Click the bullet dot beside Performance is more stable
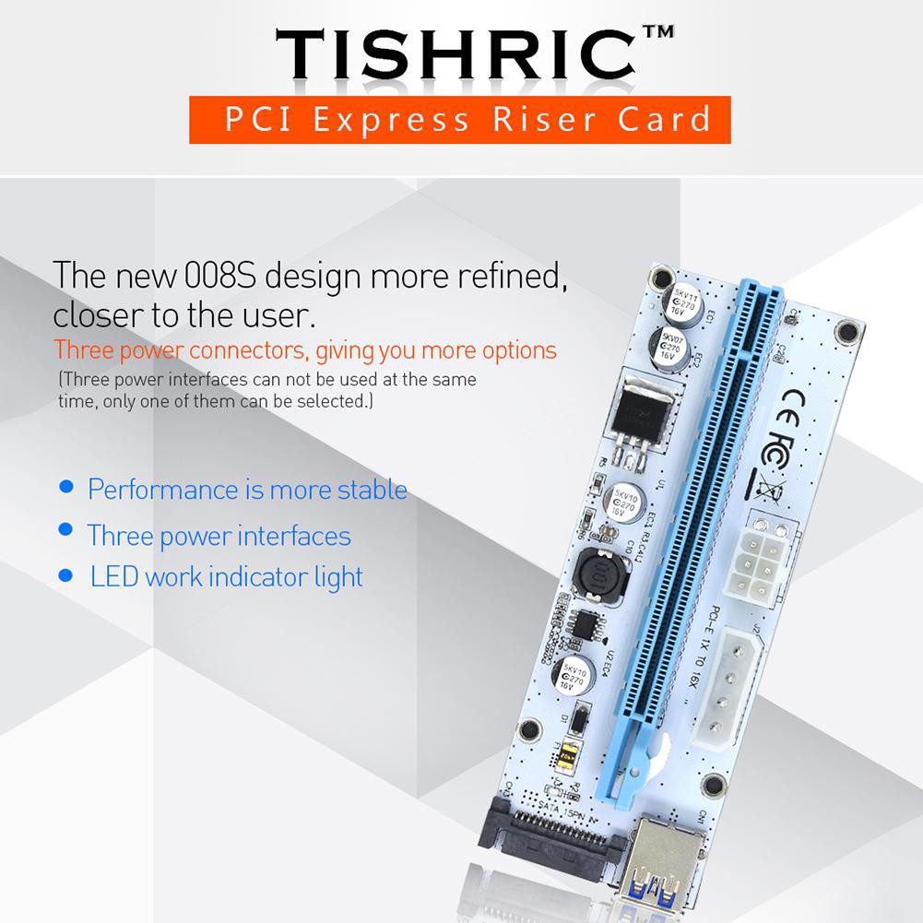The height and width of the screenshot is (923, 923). pyautogui.click(x=65, y=486)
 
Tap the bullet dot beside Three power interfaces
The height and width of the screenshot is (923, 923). pyautogui.click(x=65, y=529)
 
